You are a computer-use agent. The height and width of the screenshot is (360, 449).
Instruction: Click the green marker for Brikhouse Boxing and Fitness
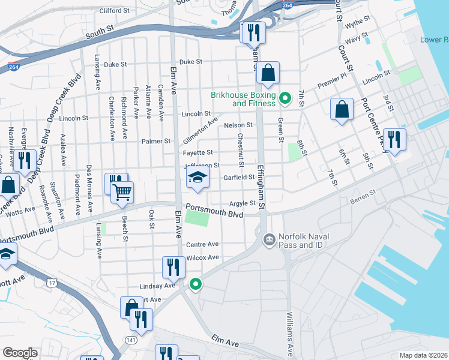pyautogui.click(x=286, y=97)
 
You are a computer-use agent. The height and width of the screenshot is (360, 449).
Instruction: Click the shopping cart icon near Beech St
pyautogui.click(x=122, y=193)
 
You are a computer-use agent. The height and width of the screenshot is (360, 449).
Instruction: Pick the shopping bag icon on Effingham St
pyautogui.click(x=268, y=73)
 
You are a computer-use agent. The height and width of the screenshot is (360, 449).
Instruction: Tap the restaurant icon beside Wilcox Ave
pyautogui.click(x=173, y=268)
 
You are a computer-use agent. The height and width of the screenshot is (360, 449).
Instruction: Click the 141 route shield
pyautogui.click(x=131, y=340)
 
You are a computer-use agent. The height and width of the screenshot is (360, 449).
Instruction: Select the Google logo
pyautogui.click(x=20, y=352)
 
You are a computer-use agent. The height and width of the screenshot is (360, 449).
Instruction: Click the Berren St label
pyautogui.click(x=364, y=193)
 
